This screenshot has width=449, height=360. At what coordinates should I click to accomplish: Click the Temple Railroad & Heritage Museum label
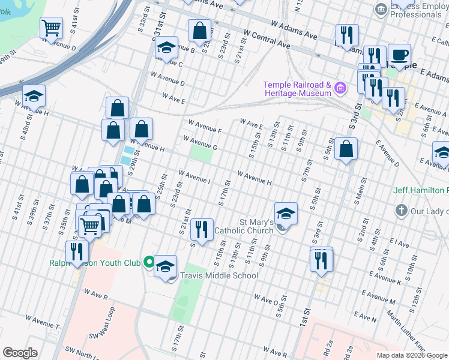click(297, 89)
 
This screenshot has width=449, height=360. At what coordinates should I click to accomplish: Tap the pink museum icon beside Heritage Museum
click(341, 89)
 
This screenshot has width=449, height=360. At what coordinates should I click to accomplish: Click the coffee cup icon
click(399, 55)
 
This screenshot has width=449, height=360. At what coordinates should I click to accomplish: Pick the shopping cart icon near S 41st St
click(52, 28)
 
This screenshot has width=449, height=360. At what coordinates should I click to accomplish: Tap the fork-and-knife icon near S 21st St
click(202, 229)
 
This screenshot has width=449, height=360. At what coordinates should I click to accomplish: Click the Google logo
click(20, 353)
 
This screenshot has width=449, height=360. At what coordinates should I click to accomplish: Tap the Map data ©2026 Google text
click(411, 355)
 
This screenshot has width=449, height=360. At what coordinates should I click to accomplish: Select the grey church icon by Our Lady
click(401, 211)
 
